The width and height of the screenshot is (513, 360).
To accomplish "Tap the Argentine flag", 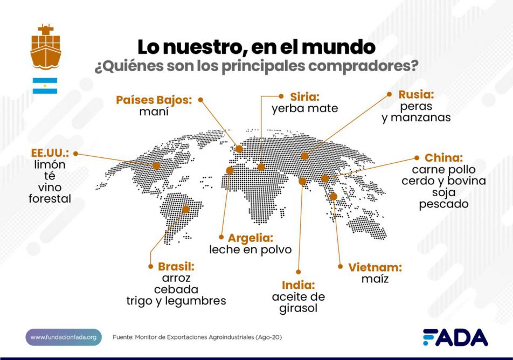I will click(45, 85).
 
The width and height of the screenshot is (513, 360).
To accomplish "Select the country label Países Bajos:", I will click(154, 100).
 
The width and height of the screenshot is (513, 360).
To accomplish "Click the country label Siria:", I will click(304, 97).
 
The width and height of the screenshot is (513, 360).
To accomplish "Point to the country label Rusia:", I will click(416, 95).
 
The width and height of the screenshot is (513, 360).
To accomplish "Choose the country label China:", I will click(443, 158).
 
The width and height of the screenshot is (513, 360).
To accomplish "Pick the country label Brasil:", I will click(176, 266).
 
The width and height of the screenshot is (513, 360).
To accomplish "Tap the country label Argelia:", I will click(251, 238).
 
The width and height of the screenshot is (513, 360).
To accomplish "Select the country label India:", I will click(298, 285).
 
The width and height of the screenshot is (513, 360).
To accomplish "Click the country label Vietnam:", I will click(375, 267).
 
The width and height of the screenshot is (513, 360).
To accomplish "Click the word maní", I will click(154, 112).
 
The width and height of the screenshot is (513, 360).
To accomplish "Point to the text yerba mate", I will click(304, 109).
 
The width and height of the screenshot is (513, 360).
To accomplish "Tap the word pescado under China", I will click(443, 204).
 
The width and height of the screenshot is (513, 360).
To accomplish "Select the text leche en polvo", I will click(251, 250).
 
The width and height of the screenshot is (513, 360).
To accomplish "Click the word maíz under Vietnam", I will click(375, 279).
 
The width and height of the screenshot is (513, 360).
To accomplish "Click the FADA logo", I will click(455, 337).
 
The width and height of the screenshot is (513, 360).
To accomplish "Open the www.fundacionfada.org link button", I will click(64, 337).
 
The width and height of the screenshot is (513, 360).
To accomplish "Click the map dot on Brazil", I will click(186, 209).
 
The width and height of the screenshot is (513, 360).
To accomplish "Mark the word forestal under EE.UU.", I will click(50, 199).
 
